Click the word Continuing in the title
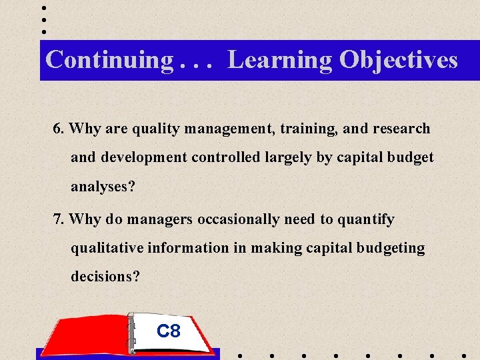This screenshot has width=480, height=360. coord(109,60)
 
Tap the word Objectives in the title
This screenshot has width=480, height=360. coord(398,60)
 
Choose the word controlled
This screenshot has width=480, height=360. coord(225,157)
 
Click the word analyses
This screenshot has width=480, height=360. coord(103,187)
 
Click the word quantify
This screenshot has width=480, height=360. coord(365,219)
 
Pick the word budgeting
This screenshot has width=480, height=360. coord(390,248)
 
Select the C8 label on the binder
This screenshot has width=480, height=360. coord(169,330)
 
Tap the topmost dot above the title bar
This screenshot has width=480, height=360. coord(44,8)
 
